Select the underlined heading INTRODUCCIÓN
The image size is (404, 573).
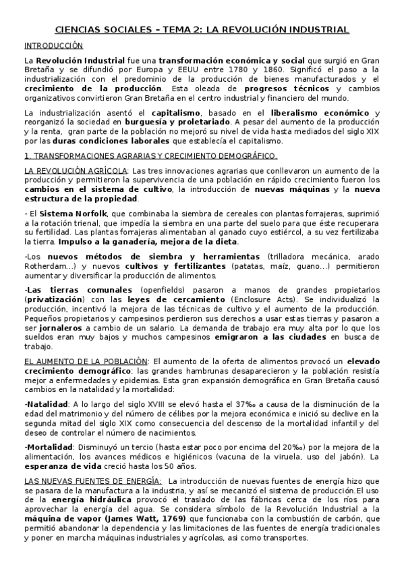pos(53,46)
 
